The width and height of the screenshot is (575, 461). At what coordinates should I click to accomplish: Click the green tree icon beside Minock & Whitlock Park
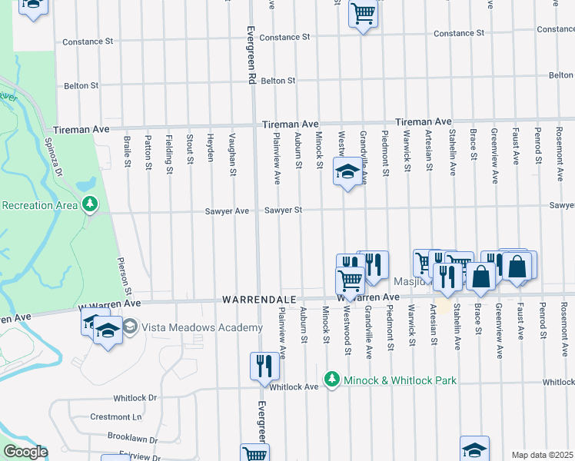pyautogui.click(x=331, y=380)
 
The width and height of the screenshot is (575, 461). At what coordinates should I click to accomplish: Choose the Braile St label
pyautogui.click(x=128, y=152)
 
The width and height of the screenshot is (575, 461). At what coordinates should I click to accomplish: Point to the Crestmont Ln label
pyautogui.click(x=117, y=416)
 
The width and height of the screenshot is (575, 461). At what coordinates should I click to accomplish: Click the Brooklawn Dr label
pyautogui.click(x=131, y=439)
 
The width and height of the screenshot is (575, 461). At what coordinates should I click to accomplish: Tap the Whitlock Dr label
pyautogui.click(x=135, y=398)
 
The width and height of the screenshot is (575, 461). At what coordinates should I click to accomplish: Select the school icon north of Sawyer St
pyautogui.click(x=347, y=172)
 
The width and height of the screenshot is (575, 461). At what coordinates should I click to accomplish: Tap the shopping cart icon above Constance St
pyautogui.click(x=363, y=12)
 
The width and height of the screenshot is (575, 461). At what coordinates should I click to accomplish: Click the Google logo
pyautogui.click(x=25, y=452)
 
